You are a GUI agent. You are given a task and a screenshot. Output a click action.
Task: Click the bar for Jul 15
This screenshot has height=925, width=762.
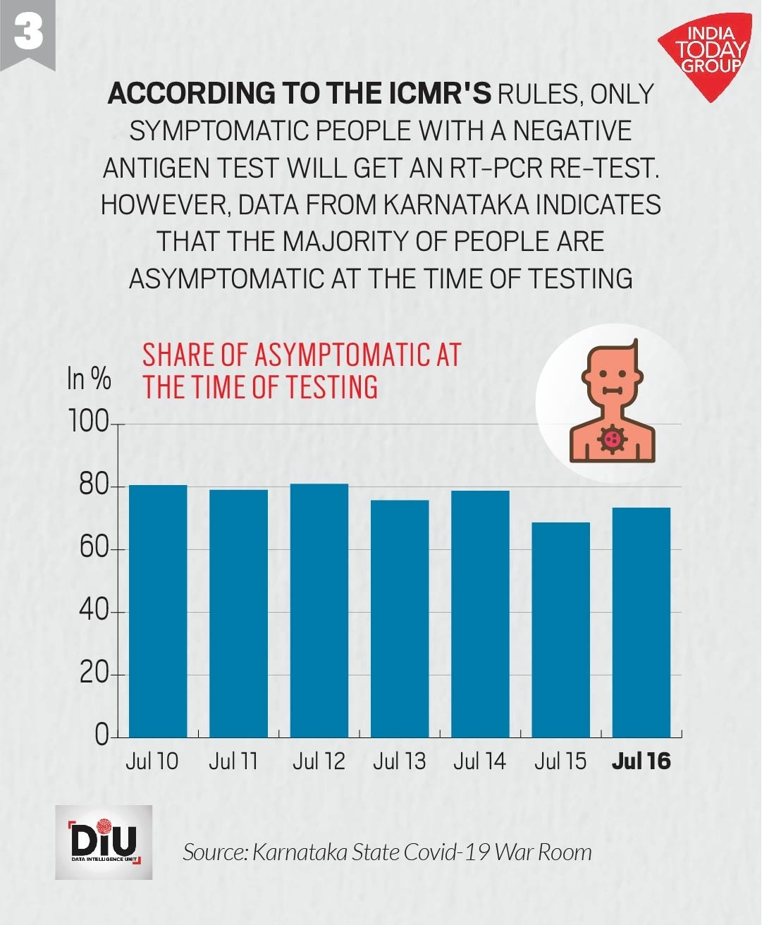coord(560,630)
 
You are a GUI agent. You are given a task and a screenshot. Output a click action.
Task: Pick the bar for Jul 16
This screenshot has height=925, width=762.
coord(641,622)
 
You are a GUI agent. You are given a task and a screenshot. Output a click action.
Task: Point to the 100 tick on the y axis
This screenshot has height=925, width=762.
coord(88,423)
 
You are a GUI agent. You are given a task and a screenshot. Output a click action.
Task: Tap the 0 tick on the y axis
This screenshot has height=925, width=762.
coord(102,735)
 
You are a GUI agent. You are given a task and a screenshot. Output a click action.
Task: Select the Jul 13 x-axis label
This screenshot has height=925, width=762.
coord(399,761)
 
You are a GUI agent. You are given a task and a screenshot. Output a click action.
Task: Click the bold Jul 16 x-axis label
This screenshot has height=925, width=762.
coord(641,761)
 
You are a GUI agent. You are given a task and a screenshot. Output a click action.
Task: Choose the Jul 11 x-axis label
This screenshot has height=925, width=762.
coord(233,761)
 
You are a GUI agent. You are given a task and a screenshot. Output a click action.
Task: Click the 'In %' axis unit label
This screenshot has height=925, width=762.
coord(89,379)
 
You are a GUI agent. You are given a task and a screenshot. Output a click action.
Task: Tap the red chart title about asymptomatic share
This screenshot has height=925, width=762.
coord(301,371)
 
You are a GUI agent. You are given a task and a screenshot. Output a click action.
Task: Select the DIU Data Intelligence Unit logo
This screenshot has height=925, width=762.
coord(104,842)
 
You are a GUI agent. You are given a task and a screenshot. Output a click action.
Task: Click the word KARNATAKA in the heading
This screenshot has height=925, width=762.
coord(457,204)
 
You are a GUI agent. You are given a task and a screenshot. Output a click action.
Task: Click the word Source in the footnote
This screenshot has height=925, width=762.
coord(214,852)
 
